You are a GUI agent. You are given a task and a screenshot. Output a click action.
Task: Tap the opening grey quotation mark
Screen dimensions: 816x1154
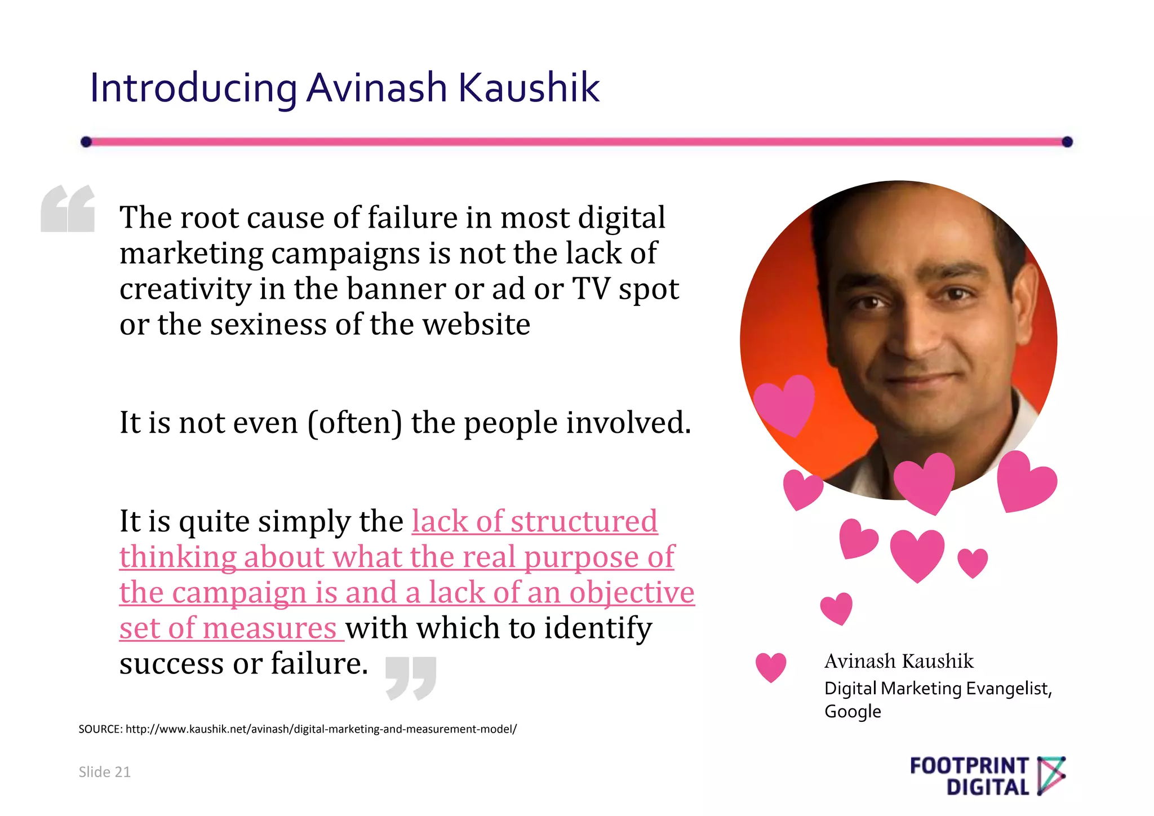68,209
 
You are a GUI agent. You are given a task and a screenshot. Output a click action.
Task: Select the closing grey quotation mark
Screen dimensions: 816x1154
411,678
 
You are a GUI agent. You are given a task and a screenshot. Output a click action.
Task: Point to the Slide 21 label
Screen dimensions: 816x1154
104,772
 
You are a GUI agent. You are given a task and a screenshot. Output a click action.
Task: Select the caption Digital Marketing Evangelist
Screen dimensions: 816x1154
938,689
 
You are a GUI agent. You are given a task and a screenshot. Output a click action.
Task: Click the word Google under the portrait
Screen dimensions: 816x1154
853,712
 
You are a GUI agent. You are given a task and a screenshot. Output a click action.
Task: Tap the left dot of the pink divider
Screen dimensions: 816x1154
86,141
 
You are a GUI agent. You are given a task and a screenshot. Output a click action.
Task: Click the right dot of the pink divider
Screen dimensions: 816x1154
1067,141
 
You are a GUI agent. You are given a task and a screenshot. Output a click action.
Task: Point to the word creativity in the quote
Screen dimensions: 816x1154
185,289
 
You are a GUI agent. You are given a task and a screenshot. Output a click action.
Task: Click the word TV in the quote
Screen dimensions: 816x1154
591,289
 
